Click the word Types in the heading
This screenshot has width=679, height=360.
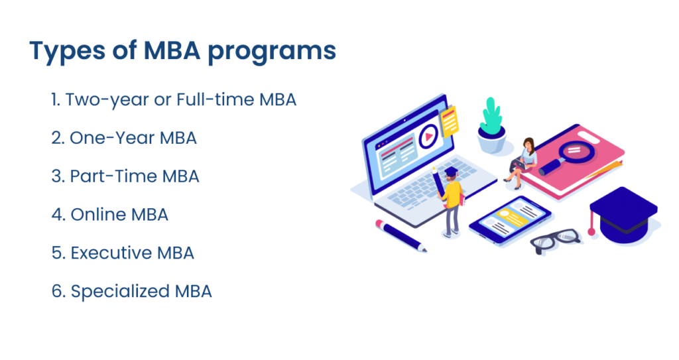[62, 52]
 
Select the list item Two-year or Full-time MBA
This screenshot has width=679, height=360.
[174, 100]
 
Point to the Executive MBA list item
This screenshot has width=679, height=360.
[123, 253]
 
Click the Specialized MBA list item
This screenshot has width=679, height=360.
[131, 291]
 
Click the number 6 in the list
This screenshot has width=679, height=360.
[56, 291]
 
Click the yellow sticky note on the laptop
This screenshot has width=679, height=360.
[450, 122]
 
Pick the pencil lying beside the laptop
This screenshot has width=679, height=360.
[401, 235]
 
